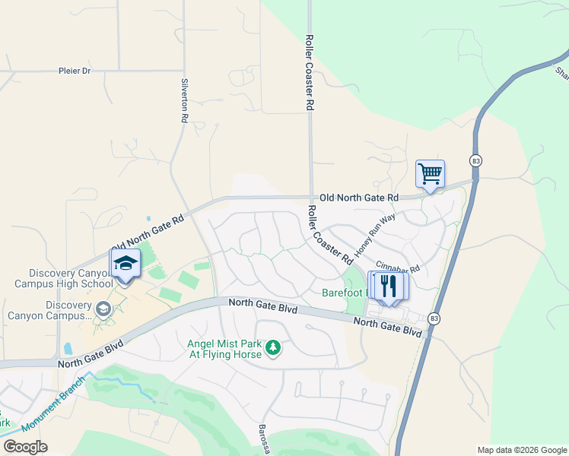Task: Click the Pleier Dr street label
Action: [x=75, y=71]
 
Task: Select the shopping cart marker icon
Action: [x=430, y=174]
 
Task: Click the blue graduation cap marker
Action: [x=126, y=264]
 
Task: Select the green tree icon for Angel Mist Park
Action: [x=273, y=348]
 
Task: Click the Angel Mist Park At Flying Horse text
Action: [x=224, y=348]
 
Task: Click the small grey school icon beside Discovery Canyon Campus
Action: [x=103, y=309]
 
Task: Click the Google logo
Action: [x=24, y=447]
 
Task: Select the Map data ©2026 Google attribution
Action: [x=521, y=450]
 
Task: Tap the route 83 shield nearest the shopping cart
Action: [x=475, y=160]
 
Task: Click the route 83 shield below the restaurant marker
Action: [x=434, y=318]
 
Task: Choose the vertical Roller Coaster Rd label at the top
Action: [x=310, y=73]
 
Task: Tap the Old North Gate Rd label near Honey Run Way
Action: [x=359, y=198]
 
